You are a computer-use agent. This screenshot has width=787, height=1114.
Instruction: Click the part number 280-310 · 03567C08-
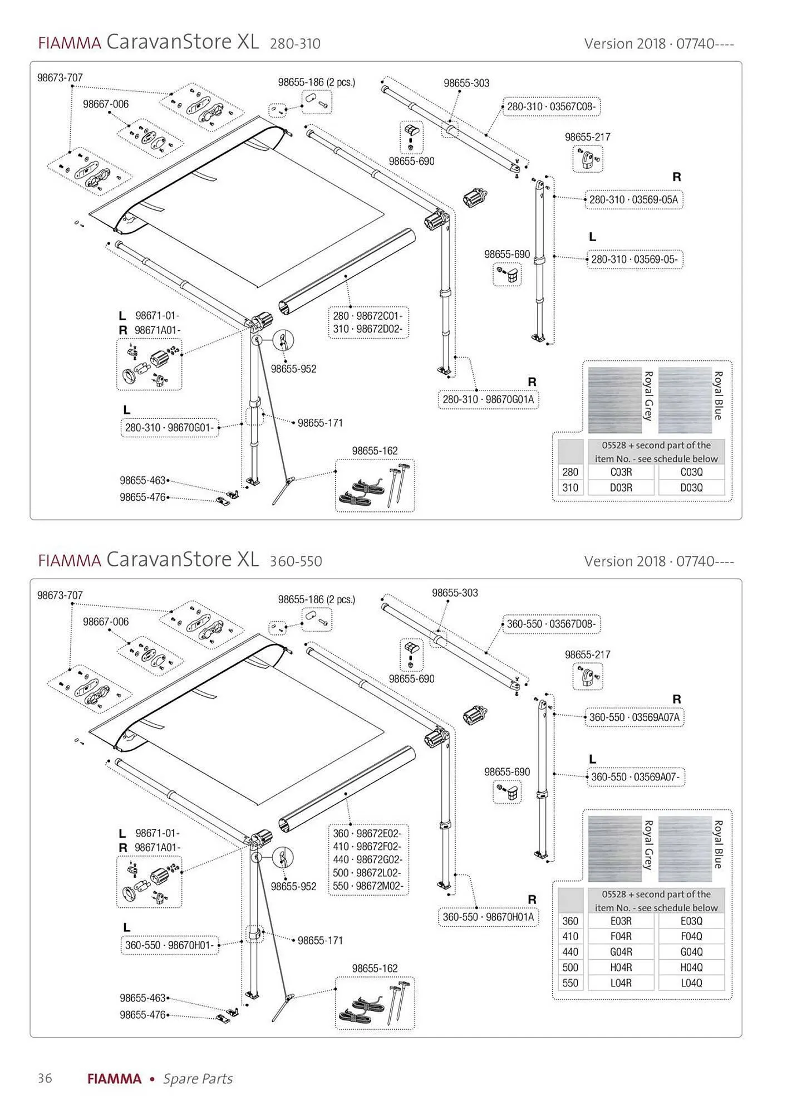click(551, 106)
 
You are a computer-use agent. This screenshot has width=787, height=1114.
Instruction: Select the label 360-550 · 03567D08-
click(551, 624)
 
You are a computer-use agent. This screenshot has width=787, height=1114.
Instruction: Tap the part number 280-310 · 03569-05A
click(633, 199)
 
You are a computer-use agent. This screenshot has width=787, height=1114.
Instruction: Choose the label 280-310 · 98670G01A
click(488, 399)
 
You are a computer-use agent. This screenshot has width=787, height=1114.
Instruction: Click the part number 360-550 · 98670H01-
click(169, 945)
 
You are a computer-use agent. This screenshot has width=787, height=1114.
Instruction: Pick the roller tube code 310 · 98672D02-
click(367, 329)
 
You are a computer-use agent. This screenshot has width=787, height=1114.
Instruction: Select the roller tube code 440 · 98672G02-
click(367, 859)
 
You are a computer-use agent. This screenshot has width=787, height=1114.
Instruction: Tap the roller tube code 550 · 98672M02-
click(367, 886)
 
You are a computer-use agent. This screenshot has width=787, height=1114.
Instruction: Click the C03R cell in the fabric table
click(621, 472)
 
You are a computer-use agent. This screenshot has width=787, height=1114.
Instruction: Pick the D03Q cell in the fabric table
click(691, 487)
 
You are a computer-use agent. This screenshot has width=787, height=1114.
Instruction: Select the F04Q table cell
click(691, 936)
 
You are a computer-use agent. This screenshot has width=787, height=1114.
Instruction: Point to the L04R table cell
click(621, 983)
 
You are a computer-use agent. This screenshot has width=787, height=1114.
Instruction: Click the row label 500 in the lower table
click(570, 968)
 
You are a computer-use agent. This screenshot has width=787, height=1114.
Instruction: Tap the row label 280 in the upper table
click(570, 472)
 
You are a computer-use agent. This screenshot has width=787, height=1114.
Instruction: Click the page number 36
click(45, 1078)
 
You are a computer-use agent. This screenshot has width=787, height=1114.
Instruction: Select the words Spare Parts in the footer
click(198, 1079)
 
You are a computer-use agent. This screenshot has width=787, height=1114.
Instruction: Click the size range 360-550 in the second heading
click(296, 561)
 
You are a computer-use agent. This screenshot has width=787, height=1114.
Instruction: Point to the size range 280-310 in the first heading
click(295, 43)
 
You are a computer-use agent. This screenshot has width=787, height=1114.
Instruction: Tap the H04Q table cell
click(691, 968)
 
